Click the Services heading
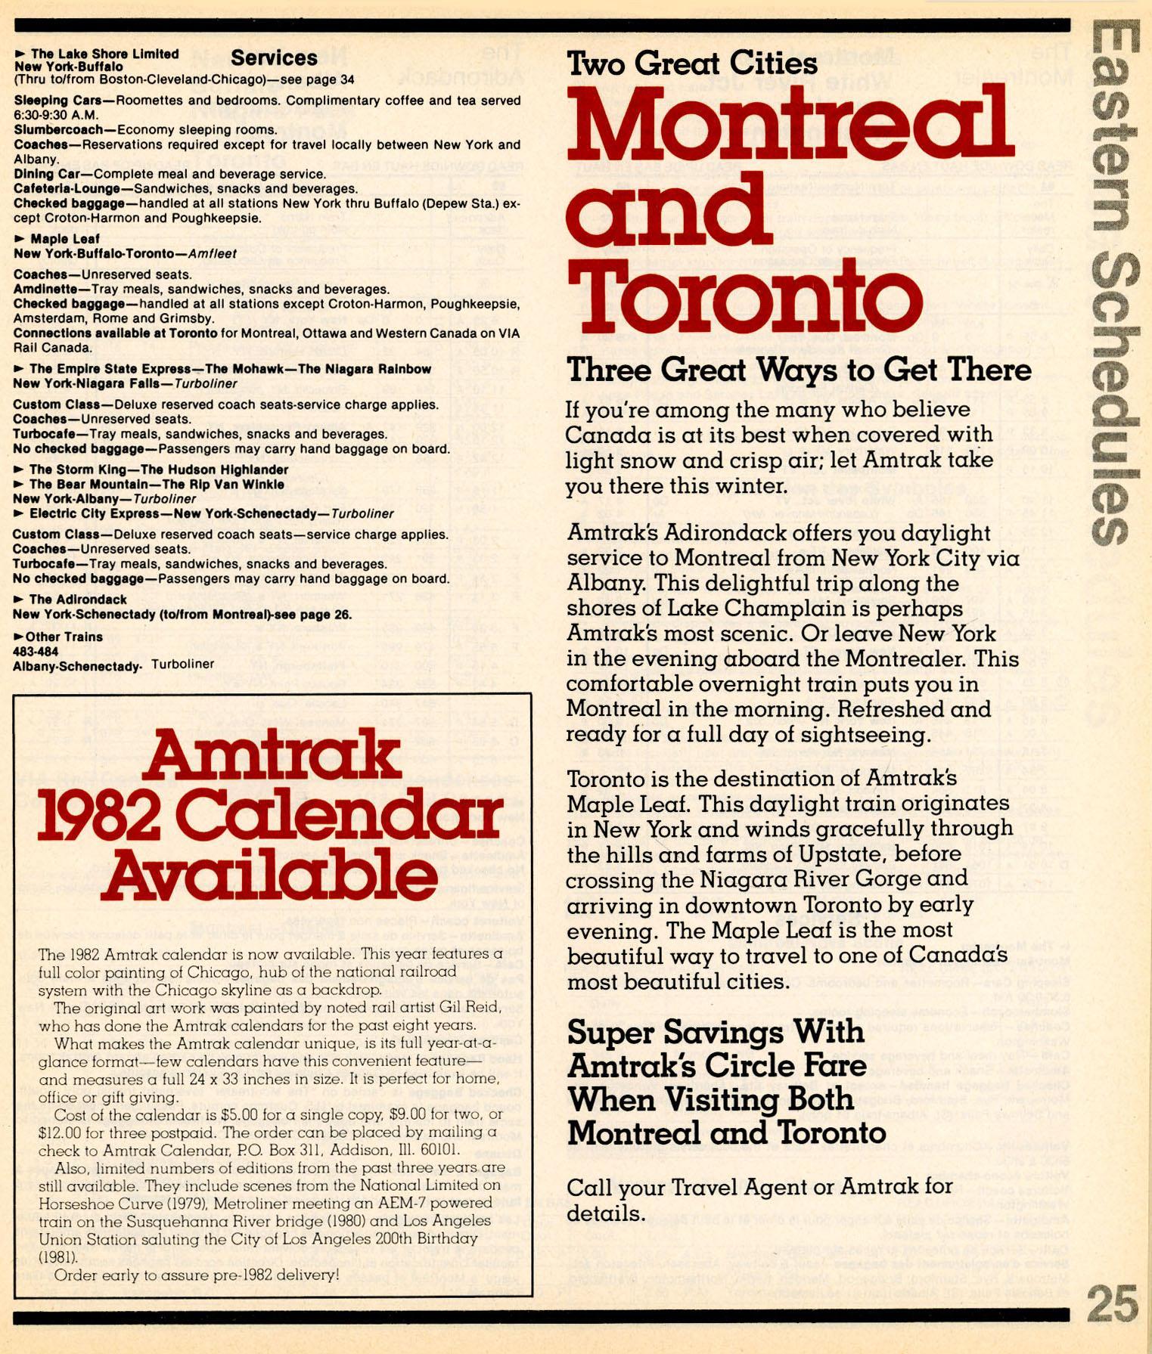coord(274,58)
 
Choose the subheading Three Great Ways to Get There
coord(799,370)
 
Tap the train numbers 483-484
coord(36,651)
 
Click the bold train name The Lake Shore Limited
coord(104,54)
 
